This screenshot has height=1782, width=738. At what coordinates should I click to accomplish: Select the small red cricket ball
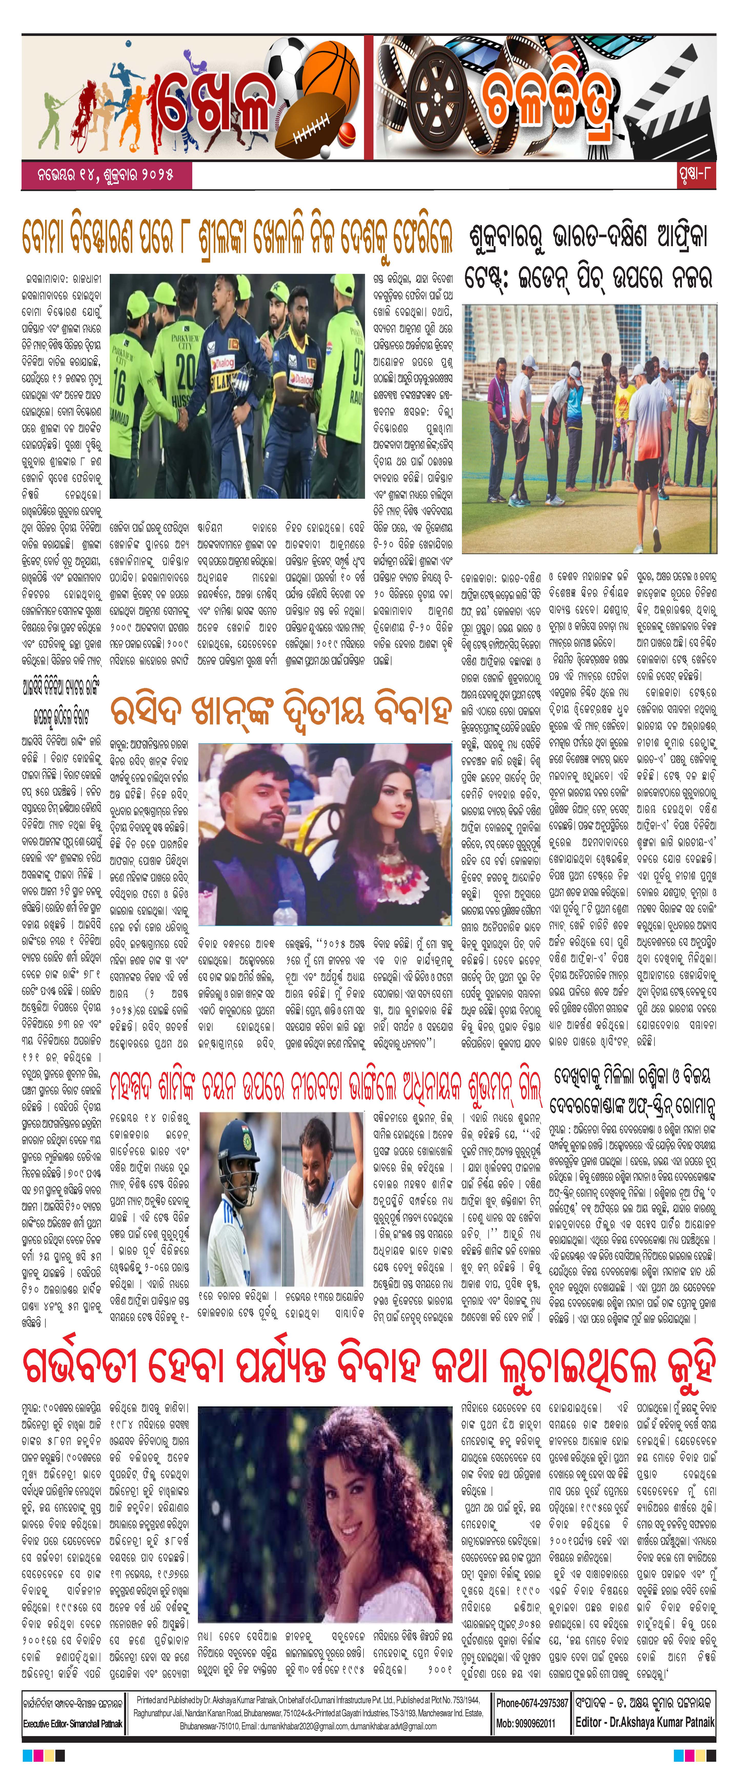[348, 131]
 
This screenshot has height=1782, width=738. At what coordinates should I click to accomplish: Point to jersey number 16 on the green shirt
[120, 392]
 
